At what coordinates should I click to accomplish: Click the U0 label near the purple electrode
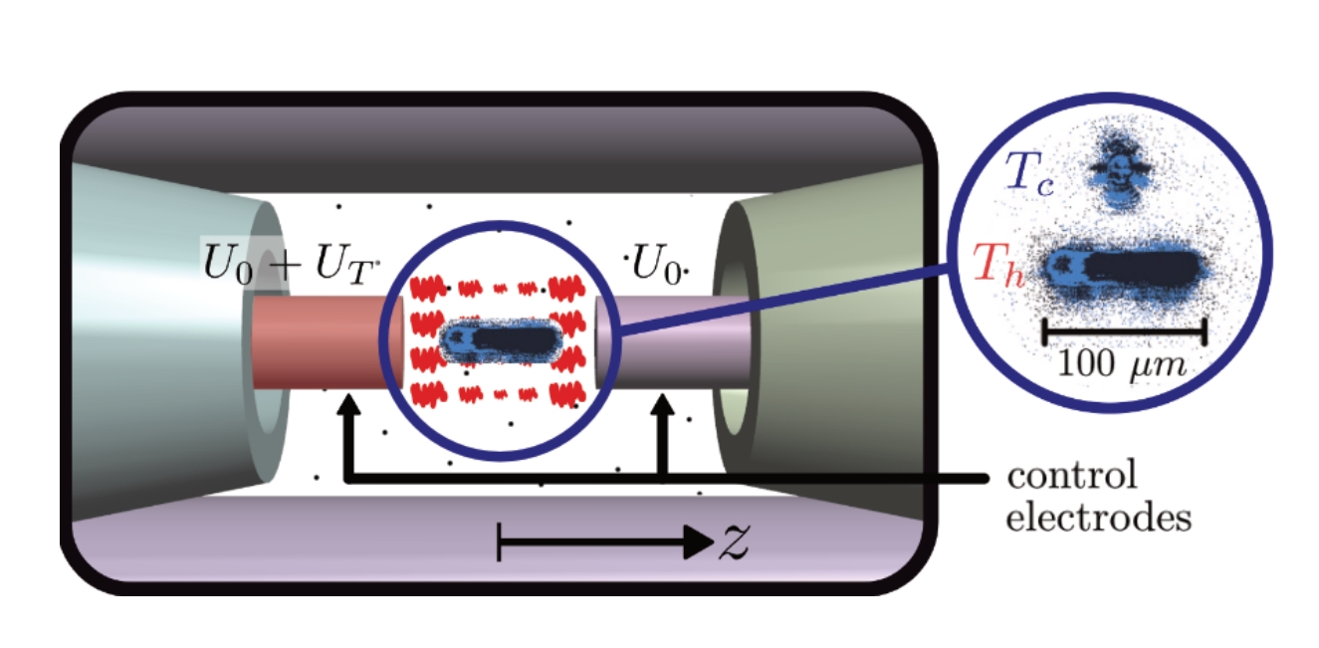[x=658, y=267]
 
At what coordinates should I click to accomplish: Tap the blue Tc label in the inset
[x=1037, y=173]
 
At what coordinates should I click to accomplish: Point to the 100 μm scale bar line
[x=1124, y=329]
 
